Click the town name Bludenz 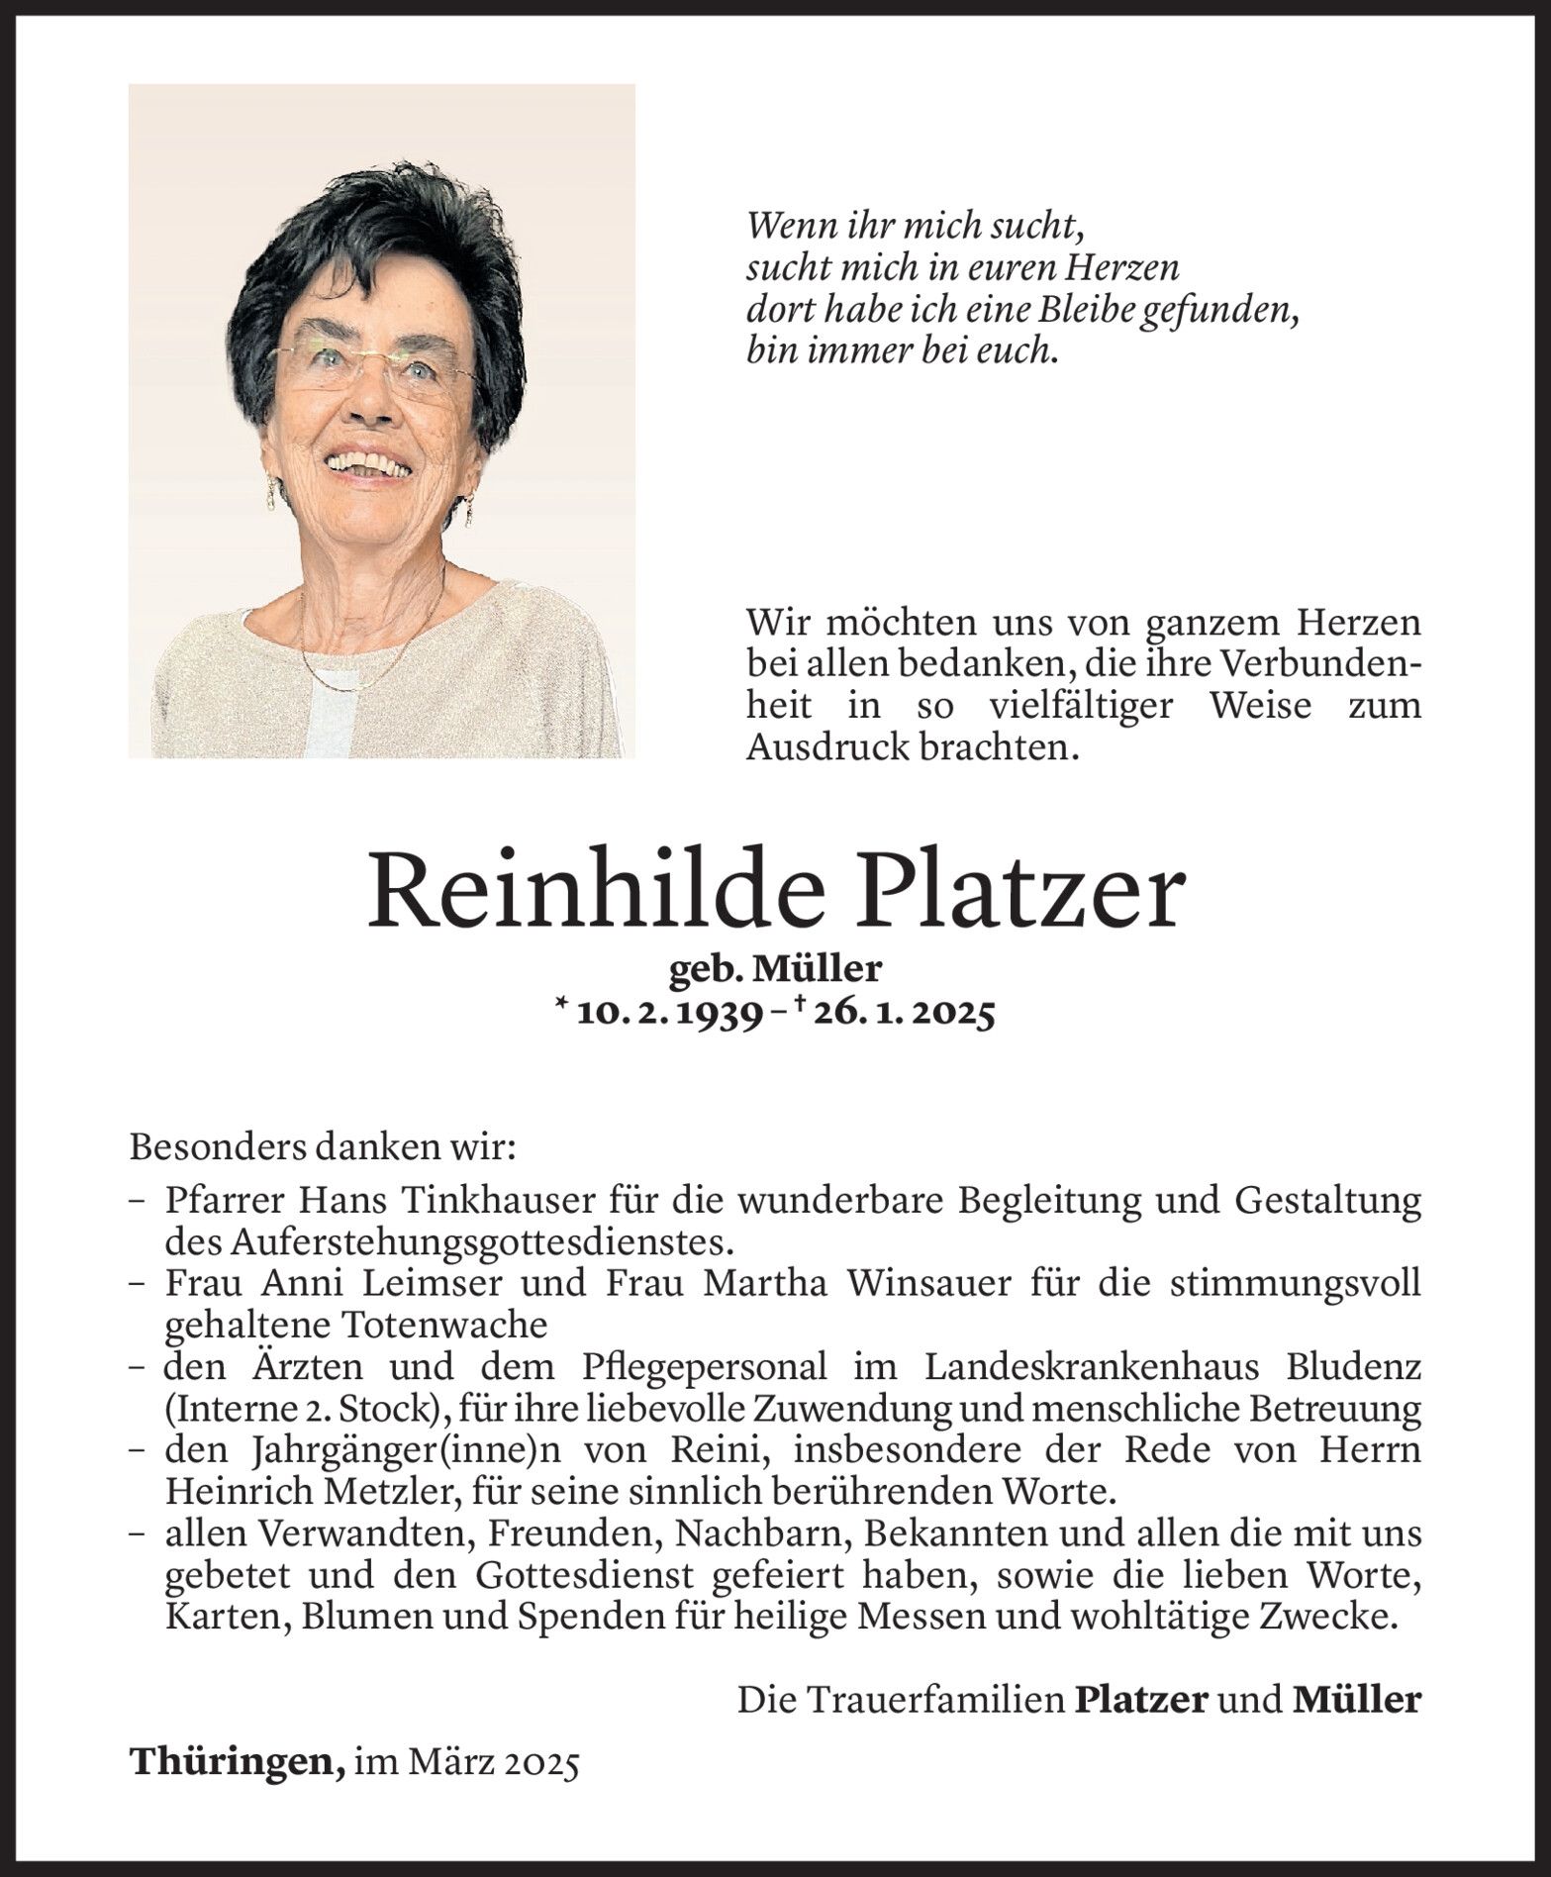click(x=1355, y=1366)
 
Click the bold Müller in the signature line click(x=1357, y=1700)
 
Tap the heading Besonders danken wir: click(x=323, y=1147)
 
